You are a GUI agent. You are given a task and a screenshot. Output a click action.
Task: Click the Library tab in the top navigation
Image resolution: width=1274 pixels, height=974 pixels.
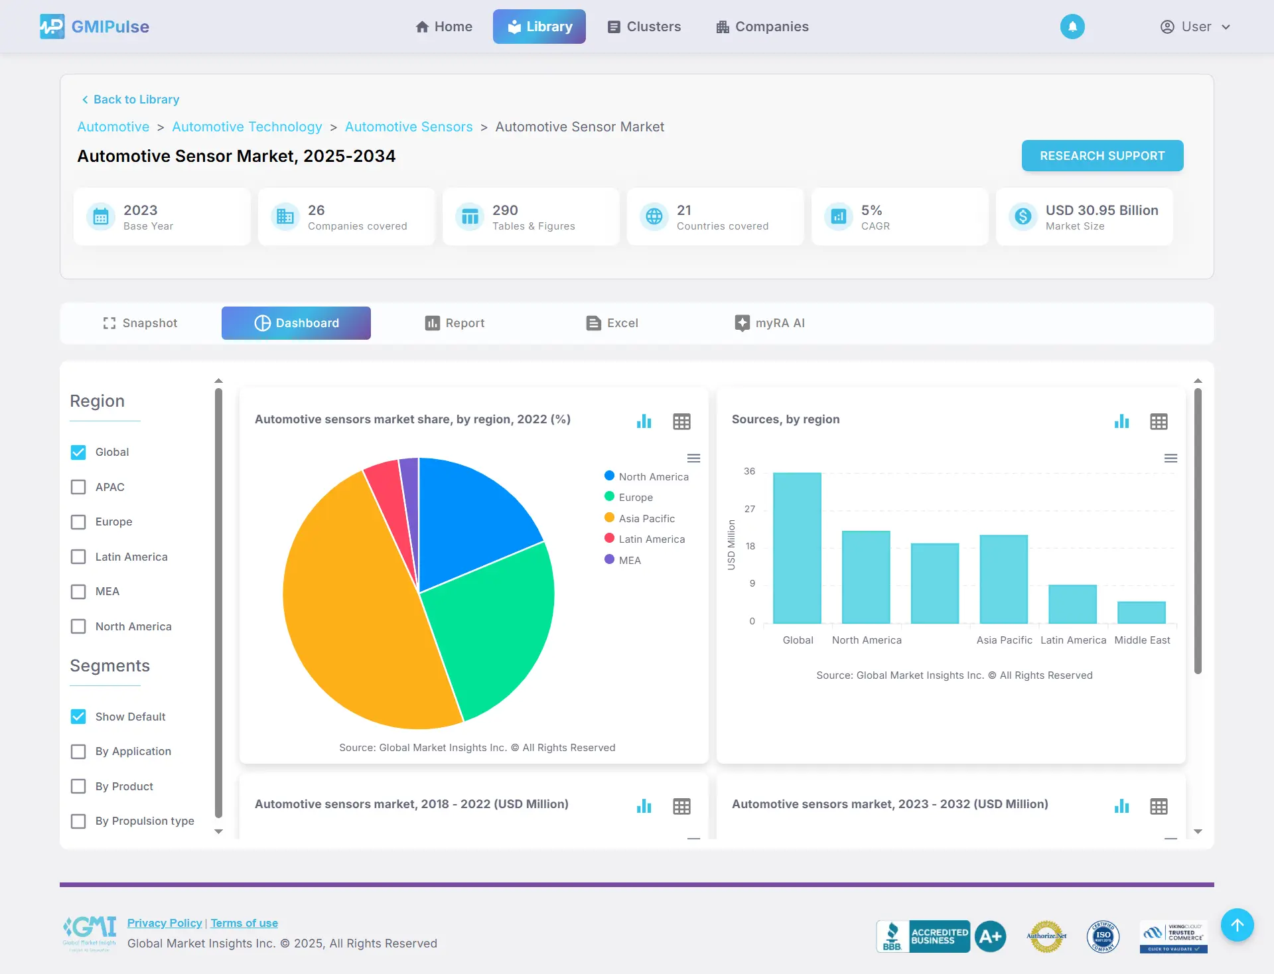(539, 27)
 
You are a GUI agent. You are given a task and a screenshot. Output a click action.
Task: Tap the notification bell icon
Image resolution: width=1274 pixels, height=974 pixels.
(1072, 27)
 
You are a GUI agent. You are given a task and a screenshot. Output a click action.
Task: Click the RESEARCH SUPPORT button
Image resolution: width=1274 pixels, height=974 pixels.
(1102, 156)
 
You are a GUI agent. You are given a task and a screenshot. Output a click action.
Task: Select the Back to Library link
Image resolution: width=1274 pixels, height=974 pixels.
(130, 100)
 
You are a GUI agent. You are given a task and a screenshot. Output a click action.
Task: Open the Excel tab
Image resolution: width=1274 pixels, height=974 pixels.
(612, 323)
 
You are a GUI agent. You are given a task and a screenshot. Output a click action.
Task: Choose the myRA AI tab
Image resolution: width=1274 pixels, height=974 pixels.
(770, 323)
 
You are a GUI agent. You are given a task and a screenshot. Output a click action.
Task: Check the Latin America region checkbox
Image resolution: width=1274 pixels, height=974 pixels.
(78, 557)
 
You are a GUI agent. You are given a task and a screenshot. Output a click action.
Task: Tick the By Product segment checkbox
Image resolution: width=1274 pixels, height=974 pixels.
(78, 786)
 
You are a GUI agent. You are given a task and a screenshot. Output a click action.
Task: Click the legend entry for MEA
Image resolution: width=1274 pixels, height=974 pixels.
(629, 560)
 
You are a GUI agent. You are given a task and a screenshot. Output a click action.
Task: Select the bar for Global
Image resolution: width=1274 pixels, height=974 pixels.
(797, 547)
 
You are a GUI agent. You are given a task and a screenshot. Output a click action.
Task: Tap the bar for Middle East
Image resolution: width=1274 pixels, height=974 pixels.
(1141, 612)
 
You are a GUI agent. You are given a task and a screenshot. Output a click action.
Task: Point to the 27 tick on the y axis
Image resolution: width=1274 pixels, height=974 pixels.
(750, 509)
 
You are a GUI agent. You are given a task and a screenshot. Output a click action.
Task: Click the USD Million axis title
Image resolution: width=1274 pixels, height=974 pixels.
(731, 545)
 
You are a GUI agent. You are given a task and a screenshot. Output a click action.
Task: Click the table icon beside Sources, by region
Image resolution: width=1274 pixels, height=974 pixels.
(1159, 422)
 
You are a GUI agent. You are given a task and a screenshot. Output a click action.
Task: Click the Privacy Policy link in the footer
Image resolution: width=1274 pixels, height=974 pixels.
(165, 923)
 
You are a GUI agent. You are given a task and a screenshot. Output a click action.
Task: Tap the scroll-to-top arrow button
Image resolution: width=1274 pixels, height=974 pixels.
(1237, 925)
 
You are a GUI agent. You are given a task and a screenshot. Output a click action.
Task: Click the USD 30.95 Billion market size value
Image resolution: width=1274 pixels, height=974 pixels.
(1101, 210)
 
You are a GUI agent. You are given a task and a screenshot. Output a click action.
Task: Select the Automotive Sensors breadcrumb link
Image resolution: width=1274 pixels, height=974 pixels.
(409, 127)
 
